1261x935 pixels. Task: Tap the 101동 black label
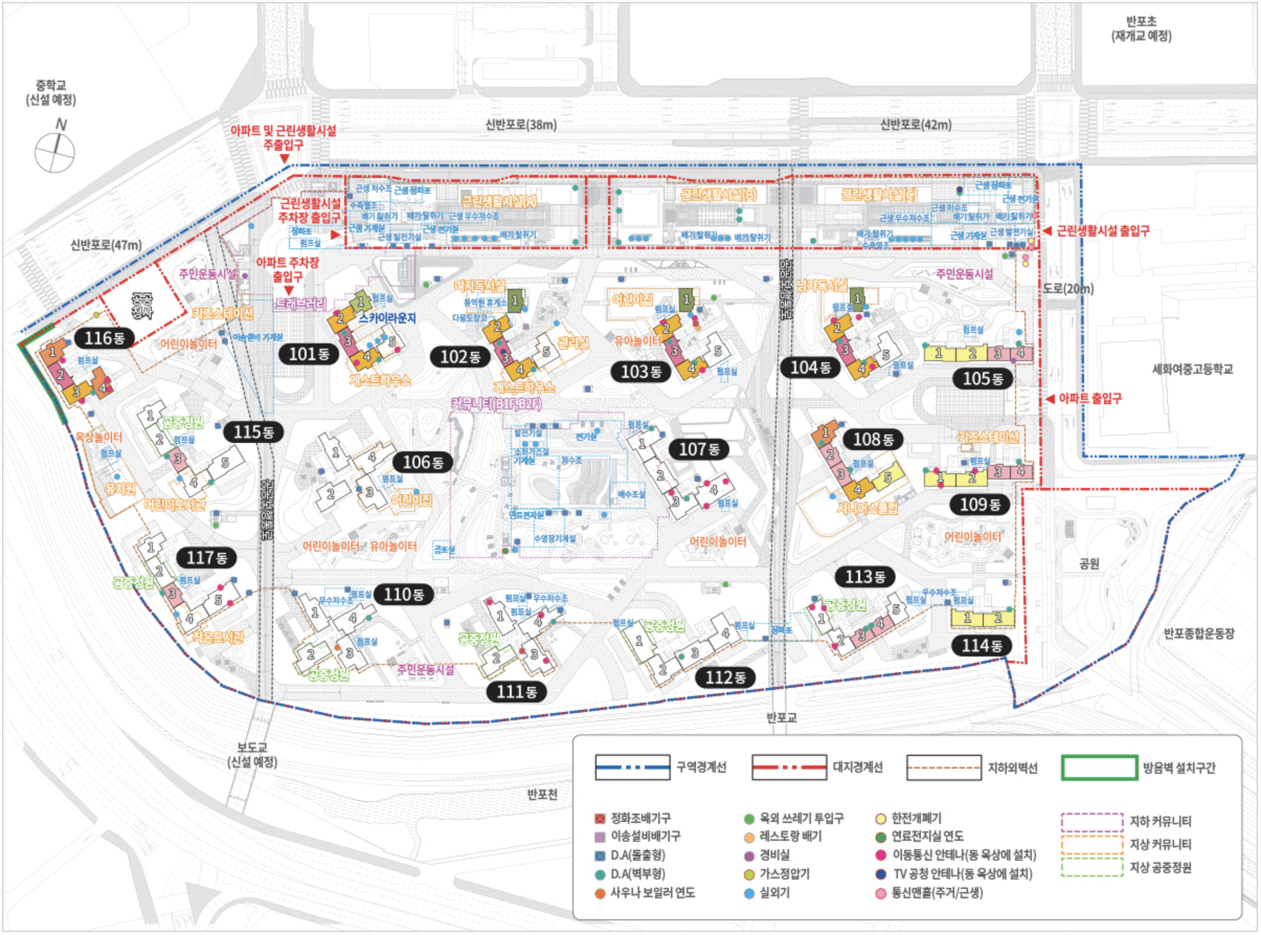(308, 354)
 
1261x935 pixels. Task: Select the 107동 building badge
(699, 449)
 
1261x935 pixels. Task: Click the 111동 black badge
(516, 692)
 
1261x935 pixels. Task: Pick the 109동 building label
(980, 504)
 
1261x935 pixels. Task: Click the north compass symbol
(55, 152)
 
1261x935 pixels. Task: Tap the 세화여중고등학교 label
(1192, 369)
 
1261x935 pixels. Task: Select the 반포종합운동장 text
(1198, 633)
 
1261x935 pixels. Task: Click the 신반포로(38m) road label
(521, 125)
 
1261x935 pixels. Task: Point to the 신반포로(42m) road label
(915, 125)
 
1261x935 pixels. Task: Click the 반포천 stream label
(542, 794)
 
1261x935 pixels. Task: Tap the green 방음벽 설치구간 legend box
(1099, 768)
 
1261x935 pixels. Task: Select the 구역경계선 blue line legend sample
(632, 767)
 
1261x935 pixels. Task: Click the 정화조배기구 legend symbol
(600, 818)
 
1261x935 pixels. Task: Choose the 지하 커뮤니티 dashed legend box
(1092, 822)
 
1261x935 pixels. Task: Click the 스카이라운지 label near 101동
(388, 318)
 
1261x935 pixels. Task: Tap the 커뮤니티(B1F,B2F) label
(496, 404)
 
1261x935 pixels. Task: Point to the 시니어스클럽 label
(866, 508)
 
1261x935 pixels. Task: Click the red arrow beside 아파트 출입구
(1050, 399)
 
